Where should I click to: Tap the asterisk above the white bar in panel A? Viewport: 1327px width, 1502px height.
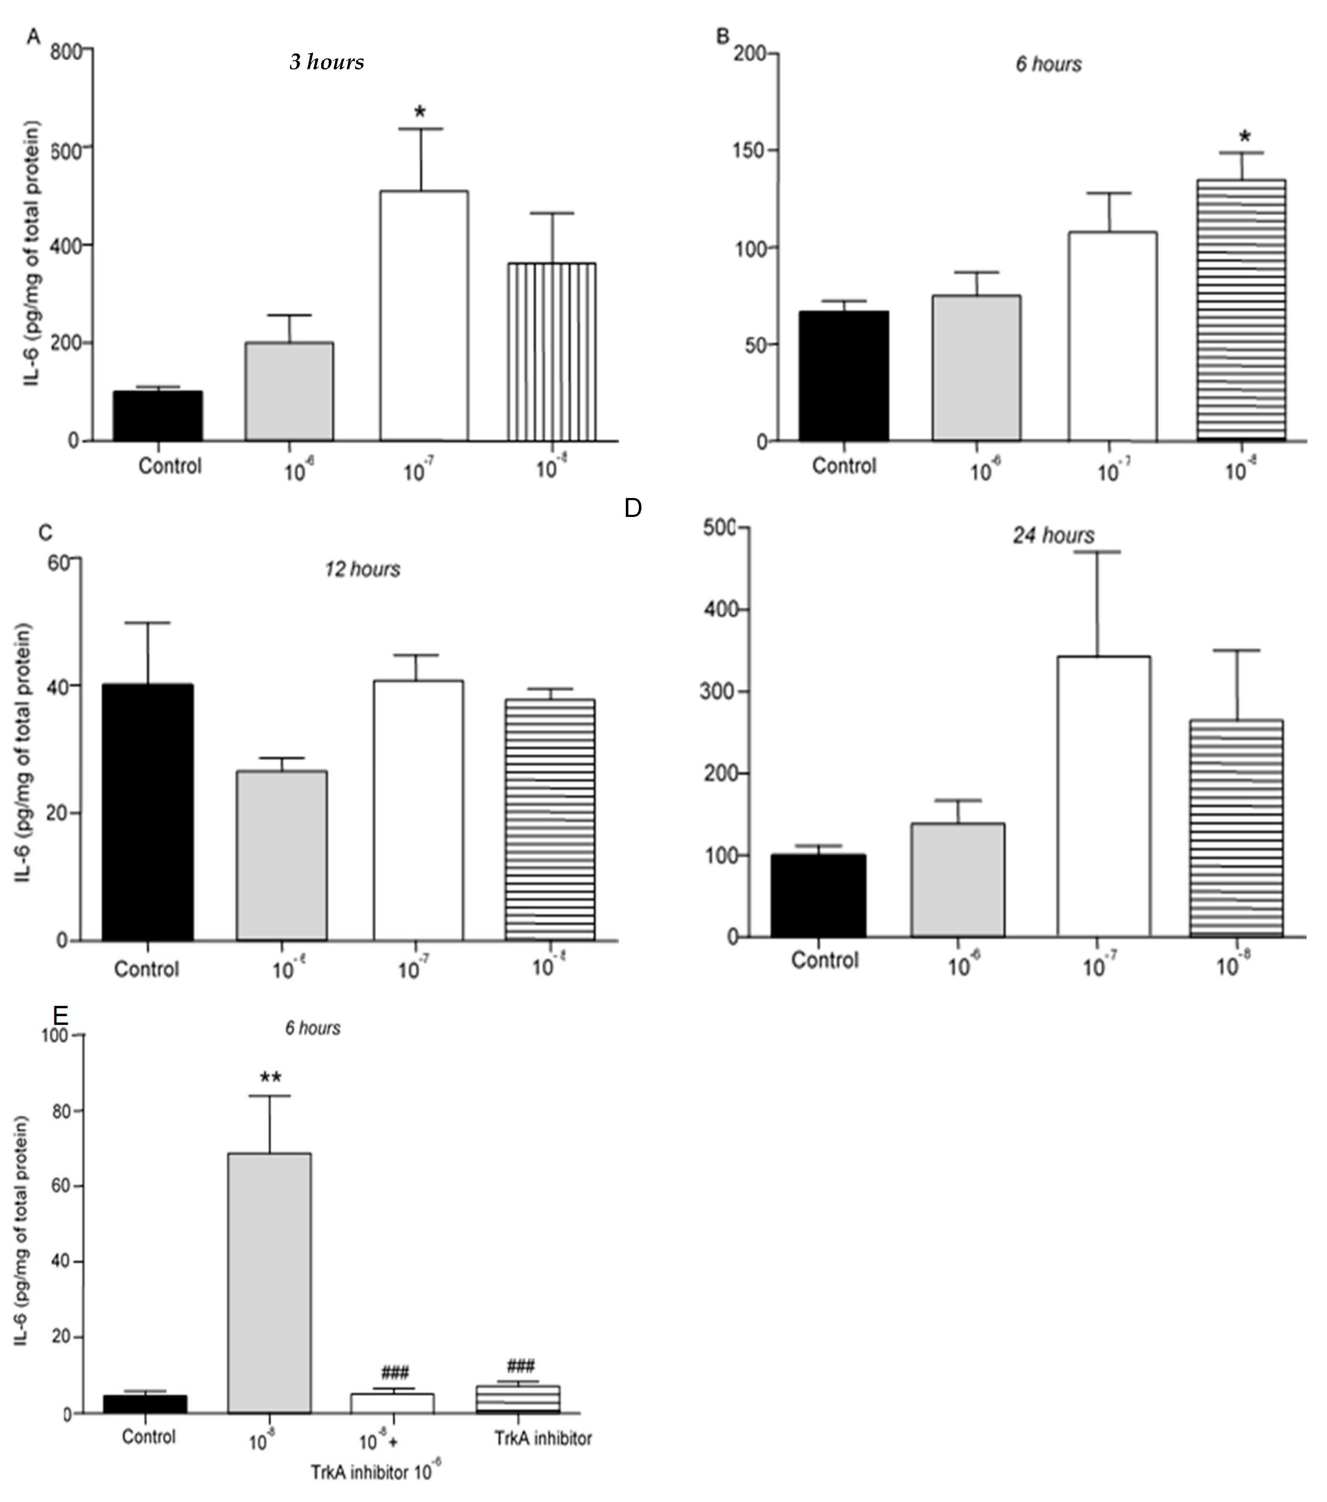pyautogui.click(x=420, y=112)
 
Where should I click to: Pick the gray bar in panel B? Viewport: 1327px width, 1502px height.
pyautogui.click(x=976, y=368)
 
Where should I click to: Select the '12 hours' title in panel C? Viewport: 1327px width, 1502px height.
pyautogui.click(x=362, y=570)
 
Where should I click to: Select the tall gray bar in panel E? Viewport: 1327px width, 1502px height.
pyautogui.click(x=269, y=1282)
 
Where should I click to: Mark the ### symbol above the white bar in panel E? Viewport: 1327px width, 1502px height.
pyautogui.click(x=395, y=1371)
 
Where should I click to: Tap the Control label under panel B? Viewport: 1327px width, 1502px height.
pyautogui.click(x=844, y=466)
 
